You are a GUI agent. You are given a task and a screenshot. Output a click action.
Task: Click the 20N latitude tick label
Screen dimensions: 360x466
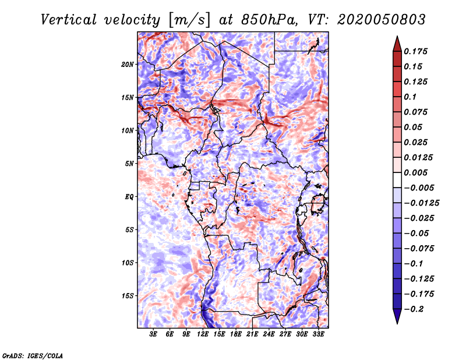(x=128, y=64)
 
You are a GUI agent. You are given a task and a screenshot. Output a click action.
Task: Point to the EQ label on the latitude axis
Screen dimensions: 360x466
(x=129, y=197)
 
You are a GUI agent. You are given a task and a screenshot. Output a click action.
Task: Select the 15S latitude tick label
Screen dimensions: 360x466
(x=128, y=296)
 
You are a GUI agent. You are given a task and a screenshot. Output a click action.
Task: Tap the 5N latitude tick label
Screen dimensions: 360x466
(x=129, y=164)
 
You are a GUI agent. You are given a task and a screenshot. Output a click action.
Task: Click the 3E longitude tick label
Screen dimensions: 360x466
(x=153, y=334)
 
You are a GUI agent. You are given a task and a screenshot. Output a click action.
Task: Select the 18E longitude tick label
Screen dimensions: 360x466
(x=235, y=334)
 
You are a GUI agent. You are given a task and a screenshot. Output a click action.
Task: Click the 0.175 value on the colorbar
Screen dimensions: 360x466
(x=416, y=51)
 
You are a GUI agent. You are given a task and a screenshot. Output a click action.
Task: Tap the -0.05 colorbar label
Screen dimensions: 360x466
(x=415, y=234)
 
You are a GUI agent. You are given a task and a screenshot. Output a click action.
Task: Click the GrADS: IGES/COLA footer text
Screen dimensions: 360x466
(x=32, y=355)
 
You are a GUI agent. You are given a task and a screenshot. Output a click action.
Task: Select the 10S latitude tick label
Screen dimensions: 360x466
(x=128, y=263)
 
